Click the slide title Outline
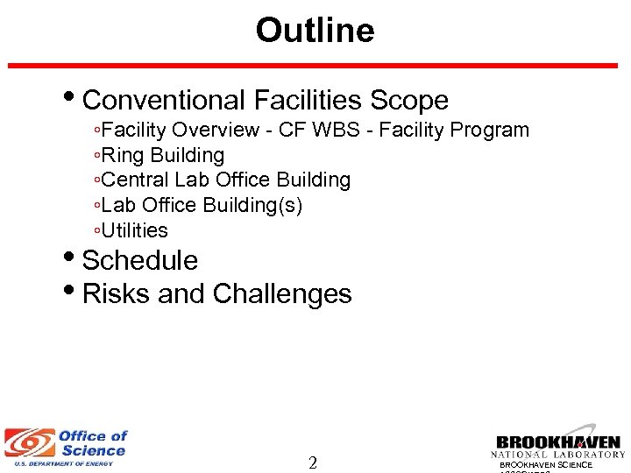[x=315, y=31]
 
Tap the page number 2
[x=313, y=463]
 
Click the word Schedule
[x=140, y=261]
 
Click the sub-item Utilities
[x=134, y=230]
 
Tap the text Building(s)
[x=252, y=205]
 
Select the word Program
[x=490, y=131]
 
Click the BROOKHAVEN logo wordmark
[x=557, y=442]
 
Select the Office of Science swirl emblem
[x=28, y=443]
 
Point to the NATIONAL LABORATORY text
[x=557, y=455]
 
